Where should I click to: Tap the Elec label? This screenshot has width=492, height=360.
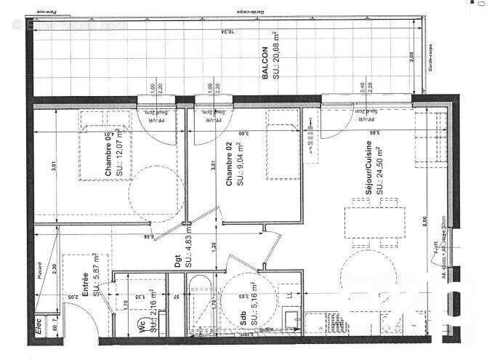[x=36, y=334]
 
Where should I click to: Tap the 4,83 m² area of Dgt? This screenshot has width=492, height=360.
[x=187, y=256]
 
